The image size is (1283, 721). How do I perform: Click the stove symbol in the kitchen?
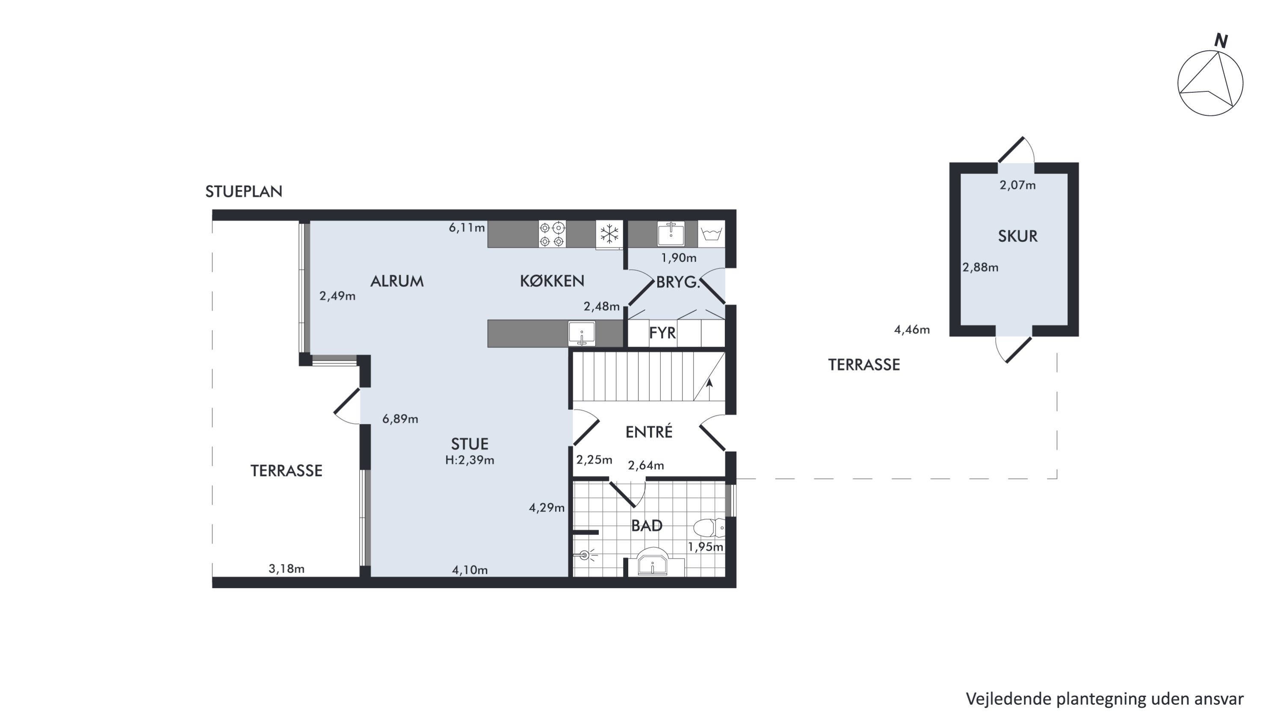pyautogui.click(x=552, y=234)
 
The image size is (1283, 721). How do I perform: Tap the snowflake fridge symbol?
pyautogui.click(x=609, y=234)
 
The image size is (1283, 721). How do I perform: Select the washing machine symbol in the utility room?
pyautogui.click(x=711, y=234)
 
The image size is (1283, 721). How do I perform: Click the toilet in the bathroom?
pyautogui.click(x=709, y=527)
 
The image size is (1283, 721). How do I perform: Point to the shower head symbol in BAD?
pyautogui.click(x=585, y=555)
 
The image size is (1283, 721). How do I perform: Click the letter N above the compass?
pyautogui.click(x=1221, y=41)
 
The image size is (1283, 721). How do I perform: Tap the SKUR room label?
pyautogui.click(x=1017, y=236)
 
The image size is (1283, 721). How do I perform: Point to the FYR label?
pyautogui.click(x=662, y=333)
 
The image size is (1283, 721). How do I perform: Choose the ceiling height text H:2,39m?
pyautogui.click(x=470, y=460)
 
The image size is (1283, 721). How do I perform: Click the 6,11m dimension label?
pyautogui.click(x=467, y=228)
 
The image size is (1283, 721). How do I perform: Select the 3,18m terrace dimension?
pyautogui.click(x=287, y=569)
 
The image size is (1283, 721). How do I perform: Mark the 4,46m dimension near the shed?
pyautogui.click(x=912, y=330)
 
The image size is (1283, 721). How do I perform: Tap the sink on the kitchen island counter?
pyautogui.click(x=582, y=333)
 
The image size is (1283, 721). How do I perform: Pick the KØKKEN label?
pyautogui.click(x=552, y=281)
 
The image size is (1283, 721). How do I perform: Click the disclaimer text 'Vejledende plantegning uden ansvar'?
pyautogui.click(x=1105, y=699)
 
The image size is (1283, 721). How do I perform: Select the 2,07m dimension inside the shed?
pyautogui.click(x=1017, y=185)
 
